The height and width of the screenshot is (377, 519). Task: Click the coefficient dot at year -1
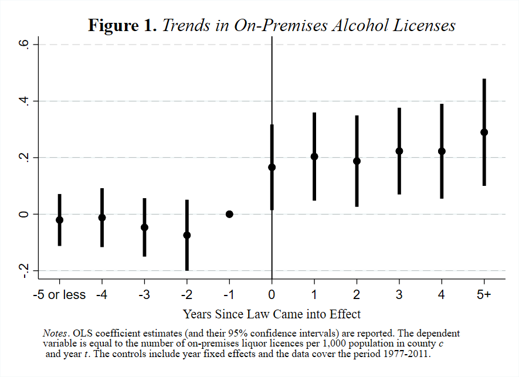[x=229, y=214]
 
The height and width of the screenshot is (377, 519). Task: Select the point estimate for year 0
[x=272, y=167]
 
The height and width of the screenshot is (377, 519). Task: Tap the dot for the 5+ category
[x=484, y=132]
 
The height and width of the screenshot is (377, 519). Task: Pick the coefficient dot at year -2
[x=186, y=235]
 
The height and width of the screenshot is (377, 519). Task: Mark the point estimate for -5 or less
[x=59, y=220]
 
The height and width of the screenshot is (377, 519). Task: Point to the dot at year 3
[x=399, y=151]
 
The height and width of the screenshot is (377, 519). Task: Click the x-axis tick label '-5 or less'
[x=59, y=295]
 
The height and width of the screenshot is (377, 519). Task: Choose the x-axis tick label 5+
[x=484, y=295]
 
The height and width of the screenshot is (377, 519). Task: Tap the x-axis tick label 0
[x=272, y=295]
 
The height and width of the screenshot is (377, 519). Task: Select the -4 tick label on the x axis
[x=101, y=295]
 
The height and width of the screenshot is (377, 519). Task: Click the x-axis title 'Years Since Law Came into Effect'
[x=272, y=314]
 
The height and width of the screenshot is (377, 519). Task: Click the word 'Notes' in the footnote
[x=54, y=333]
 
